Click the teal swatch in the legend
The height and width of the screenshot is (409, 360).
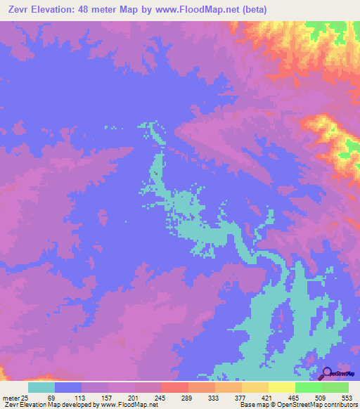tap(41, 387)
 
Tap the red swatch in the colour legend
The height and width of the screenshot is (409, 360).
tap(174, 387)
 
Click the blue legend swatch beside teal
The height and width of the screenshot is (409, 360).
tap(67, 387)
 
